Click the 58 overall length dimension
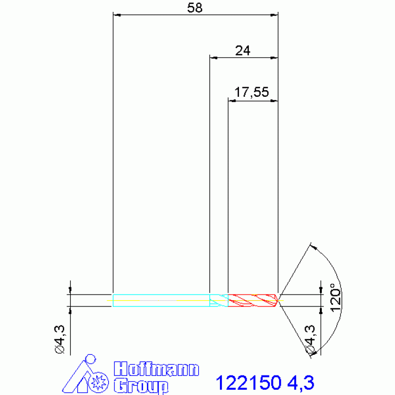[195, 8]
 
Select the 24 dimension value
[243, 50]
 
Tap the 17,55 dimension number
[251, 92]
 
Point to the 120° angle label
[336, 298]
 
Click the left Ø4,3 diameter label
[60, 339]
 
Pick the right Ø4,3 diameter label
[310, 340]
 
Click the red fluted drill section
[253, 300]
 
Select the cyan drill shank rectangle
[161, 300]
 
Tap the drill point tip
[278, 300]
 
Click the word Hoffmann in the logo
[157, 369]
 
